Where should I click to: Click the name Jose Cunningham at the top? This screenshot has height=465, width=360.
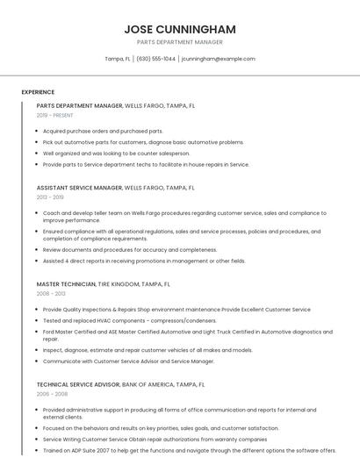pyautogui.click(x=179, y=29)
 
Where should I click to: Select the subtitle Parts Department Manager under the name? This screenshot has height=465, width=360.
pyautogui.click(x=179, y=42)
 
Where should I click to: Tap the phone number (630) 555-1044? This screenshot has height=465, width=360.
pyautogui.click(x=156, y=59)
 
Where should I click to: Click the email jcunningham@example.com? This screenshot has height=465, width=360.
pyautogui.click(x=219, y=59)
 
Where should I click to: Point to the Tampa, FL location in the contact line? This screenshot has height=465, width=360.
pyautogui.click(x=118, y=59)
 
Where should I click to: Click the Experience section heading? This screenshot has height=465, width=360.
pyautogui.click(x=38, y=92)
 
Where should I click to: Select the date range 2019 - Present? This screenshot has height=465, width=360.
pyautogui.click(x=54, y=115)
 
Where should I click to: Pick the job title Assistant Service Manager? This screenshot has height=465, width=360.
pyautogui.click(x=79, y=188)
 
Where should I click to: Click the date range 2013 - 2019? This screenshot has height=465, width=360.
pyautogui.click(x=50, y=197)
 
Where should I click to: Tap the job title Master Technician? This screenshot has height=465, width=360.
pyautogui.click(x=66, y=284)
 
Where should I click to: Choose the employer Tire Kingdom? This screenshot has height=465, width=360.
pyautogui.click(x=119, y=284)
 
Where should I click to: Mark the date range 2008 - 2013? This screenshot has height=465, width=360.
pyautogui.click(x=50, y=294)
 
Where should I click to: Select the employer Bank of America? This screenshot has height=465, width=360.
pyautogui.click(x=150, y=384)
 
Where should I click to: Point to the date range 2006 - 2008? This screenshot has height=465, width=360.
pyautogui.click(x=50, y=394)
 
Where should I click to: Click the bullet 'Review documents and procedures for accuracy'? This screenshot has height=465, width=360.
pyautogui.click(x=129, y=249)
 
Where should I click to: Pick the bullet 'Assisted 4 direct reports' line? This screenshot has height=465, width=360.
pyautogui.click(x=143, y=261)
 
